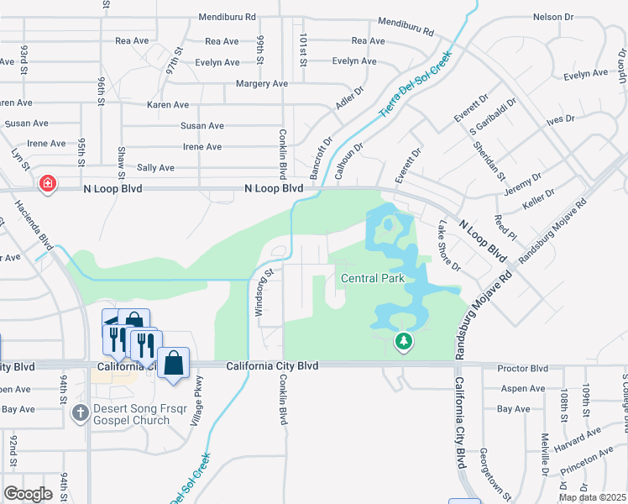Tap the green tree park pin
(404, 341)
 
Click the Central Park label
(373, 278)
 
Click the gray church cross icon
(80, 412)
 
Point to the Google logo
(28, 494)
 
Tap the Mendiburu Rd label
(406, 27)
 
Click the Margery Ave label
(262, 84)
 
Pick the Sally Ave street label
(155, 168)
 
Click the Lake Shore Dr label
(449, 245)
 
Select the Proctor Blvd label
(522, 369)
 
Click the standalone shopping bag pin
(174, 364)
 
